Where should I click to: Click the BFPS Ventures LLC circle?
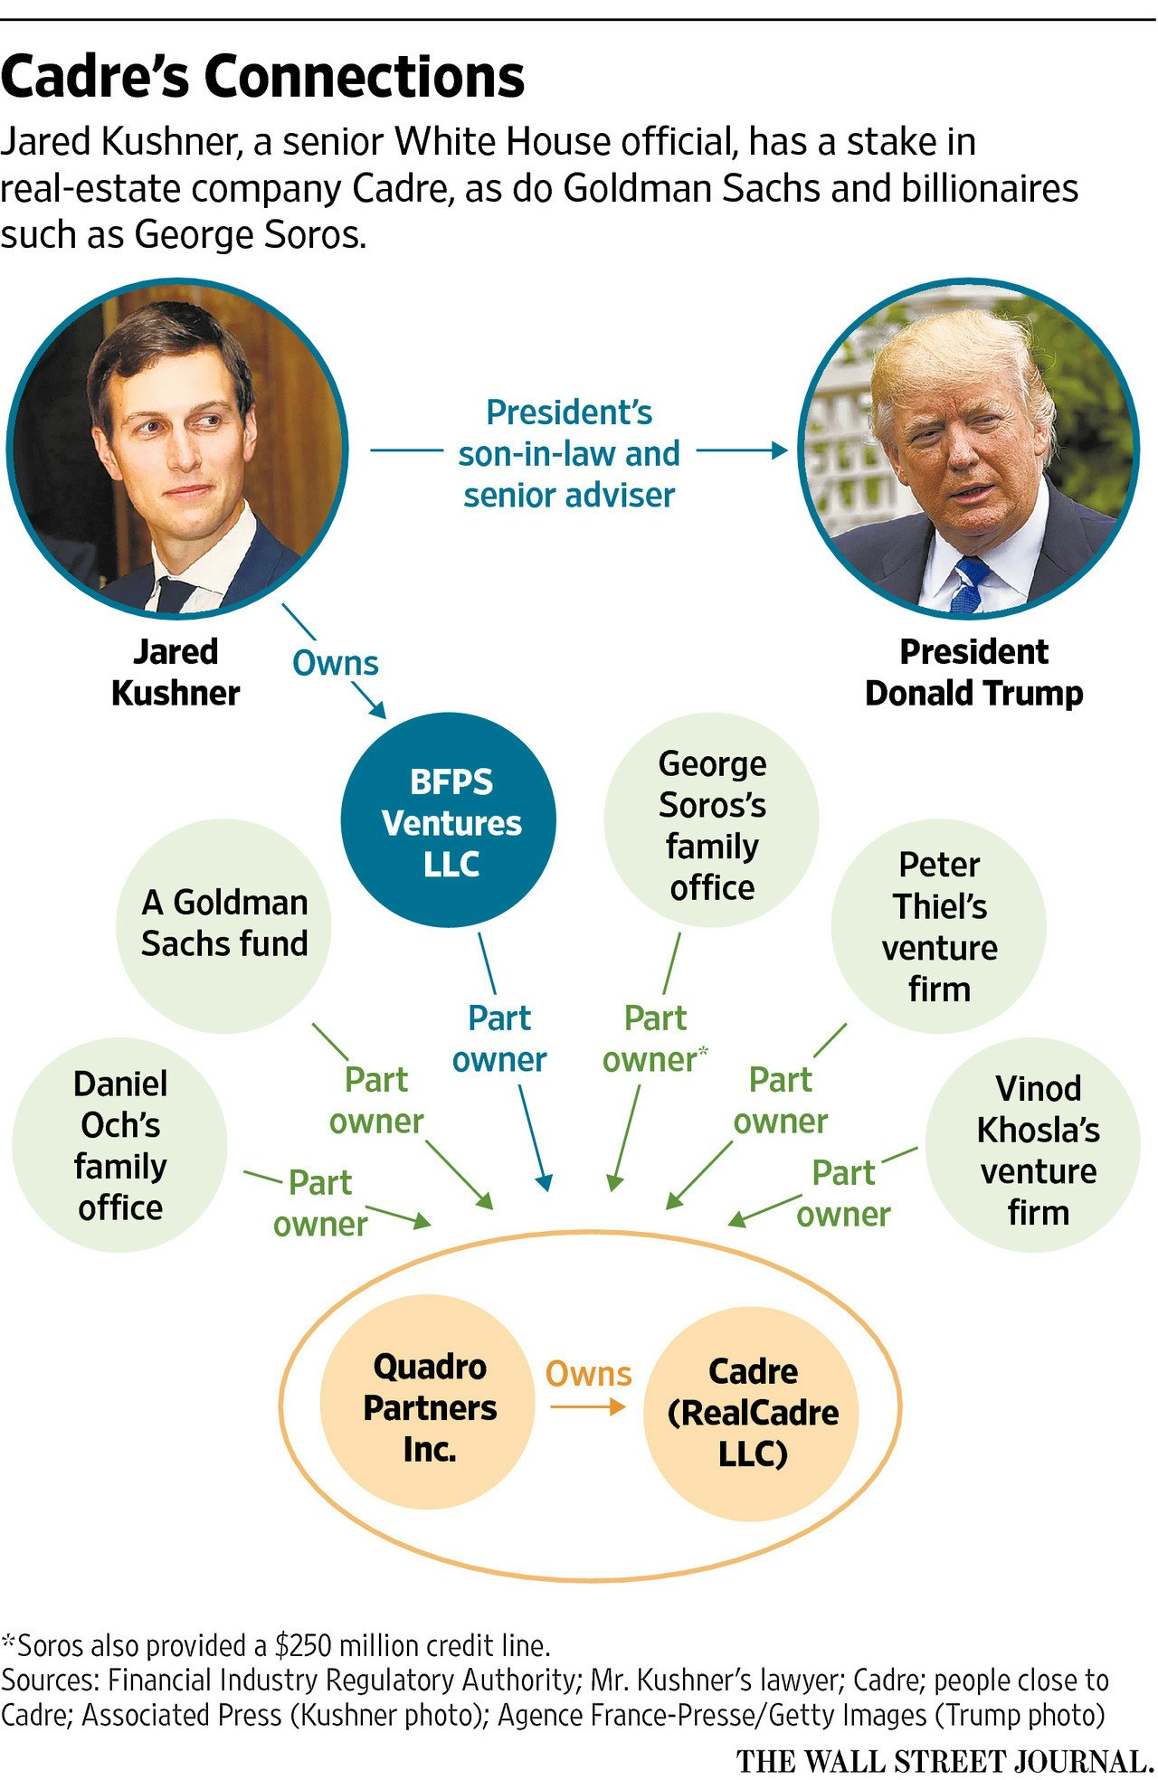450,820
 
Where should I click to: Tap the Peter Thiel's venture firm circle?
938,926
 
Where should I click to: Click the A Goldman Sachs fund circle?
224,924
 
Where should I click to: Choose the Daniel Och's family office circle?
119,1145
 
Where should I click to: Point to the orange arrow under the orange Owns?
588,1406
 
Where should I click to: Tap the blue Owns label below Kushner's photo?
335,663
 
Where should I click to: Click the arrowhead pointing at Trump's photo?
778,450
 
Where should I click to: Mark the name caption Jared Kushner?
175,672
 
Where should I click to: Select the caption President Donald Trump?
973,672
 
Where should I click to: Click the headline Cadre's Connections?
262,77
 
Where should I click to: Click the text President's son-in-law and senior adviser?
568,453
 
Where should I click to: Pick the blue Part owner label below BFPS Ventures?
499,1038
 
